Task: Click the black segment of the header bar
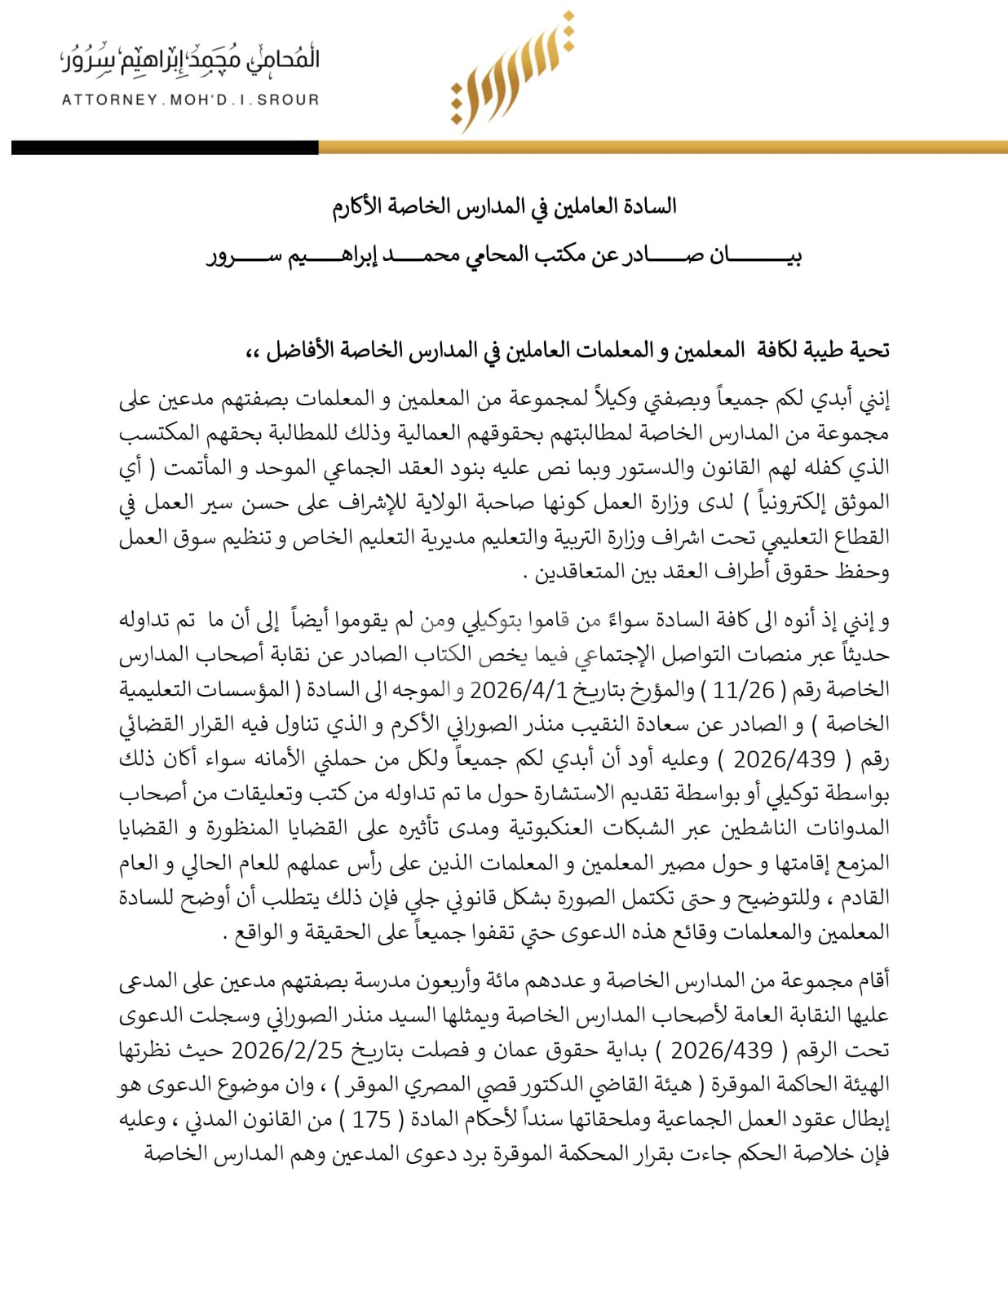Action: coord(164,148)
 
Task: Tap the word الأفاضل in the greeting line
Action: coord(297,351)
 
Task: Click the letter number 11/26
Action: coord(743,690)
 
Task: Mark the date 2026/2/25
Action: coord(286,1050)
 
